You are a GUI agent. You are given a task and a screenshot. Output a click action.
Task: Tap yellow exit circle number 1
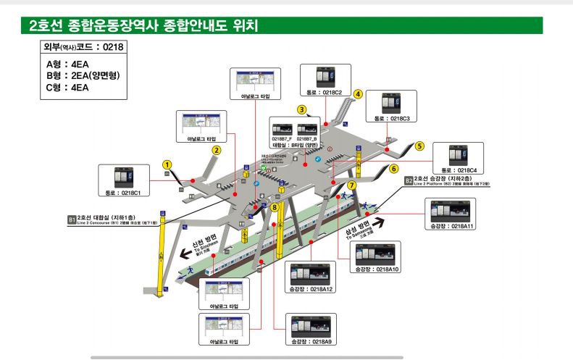167,164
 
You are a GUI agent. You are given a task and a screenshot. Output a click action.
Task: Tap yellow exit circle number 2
216,151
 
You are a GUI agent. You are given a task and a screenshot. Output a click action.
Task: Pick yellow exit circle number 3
301,109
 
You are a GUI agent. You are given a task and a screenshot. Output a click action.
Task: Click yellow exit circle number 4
358,93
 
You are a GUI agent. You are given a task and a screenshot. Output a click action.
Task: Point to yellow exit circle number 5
419,146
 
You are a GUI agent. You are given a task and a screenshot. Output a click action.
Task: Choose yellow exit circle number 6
394,169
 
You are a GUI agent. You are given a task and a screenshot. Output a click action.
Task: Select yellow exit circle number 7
351,185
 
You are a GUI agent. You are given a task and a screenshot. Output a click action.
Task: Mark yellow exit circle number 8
274,207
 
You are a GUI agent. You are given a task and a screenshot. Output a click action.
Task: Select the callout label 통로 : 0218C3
392,118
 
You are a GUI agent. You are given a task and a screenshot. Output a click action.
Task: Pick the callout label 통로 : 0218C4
457,170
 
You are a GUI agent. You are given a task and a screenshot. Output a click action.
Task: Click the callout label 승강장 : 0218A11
452,227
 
